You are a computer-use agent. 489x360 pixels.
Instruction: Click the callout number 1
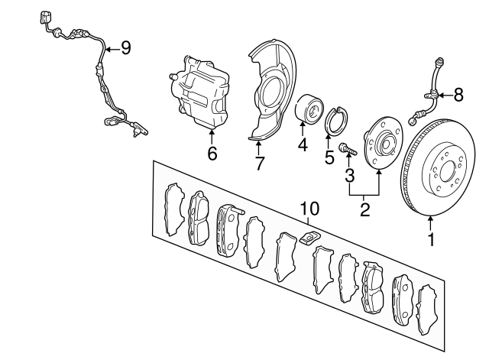(431, 239)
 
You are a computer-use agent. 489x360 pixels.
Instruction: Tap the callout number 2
(364, 209)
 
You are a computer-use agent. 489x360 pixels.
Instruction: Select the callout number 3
(350, 175)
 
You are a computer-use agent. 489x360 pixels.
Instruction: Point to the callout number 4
(303, 144)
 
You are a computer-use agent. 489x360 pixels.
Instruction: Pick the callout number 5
(329, 157)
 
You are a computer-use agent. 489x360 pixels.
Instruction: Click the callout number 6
(212, 154)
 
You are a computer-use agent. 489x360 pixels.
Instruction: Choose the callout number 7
(259, 163)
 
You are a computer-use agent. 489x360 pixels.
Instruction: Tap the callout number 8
(458, 95)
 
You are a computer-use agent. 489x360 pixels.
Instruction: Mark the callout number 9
(125, 48)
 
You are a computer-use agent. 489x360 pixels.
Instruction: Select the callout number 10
(309, 209)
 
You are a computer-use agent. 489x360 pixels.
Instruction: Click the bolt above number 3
(348, 149)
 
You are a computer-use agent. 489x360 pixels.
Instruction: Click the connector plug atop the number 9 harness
(44, 18)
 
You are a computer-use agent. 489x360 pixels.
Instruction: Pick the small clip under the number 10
(309, 238)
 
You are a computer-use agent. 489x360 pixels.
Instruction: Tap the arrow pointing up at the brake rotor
(431, 224)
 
